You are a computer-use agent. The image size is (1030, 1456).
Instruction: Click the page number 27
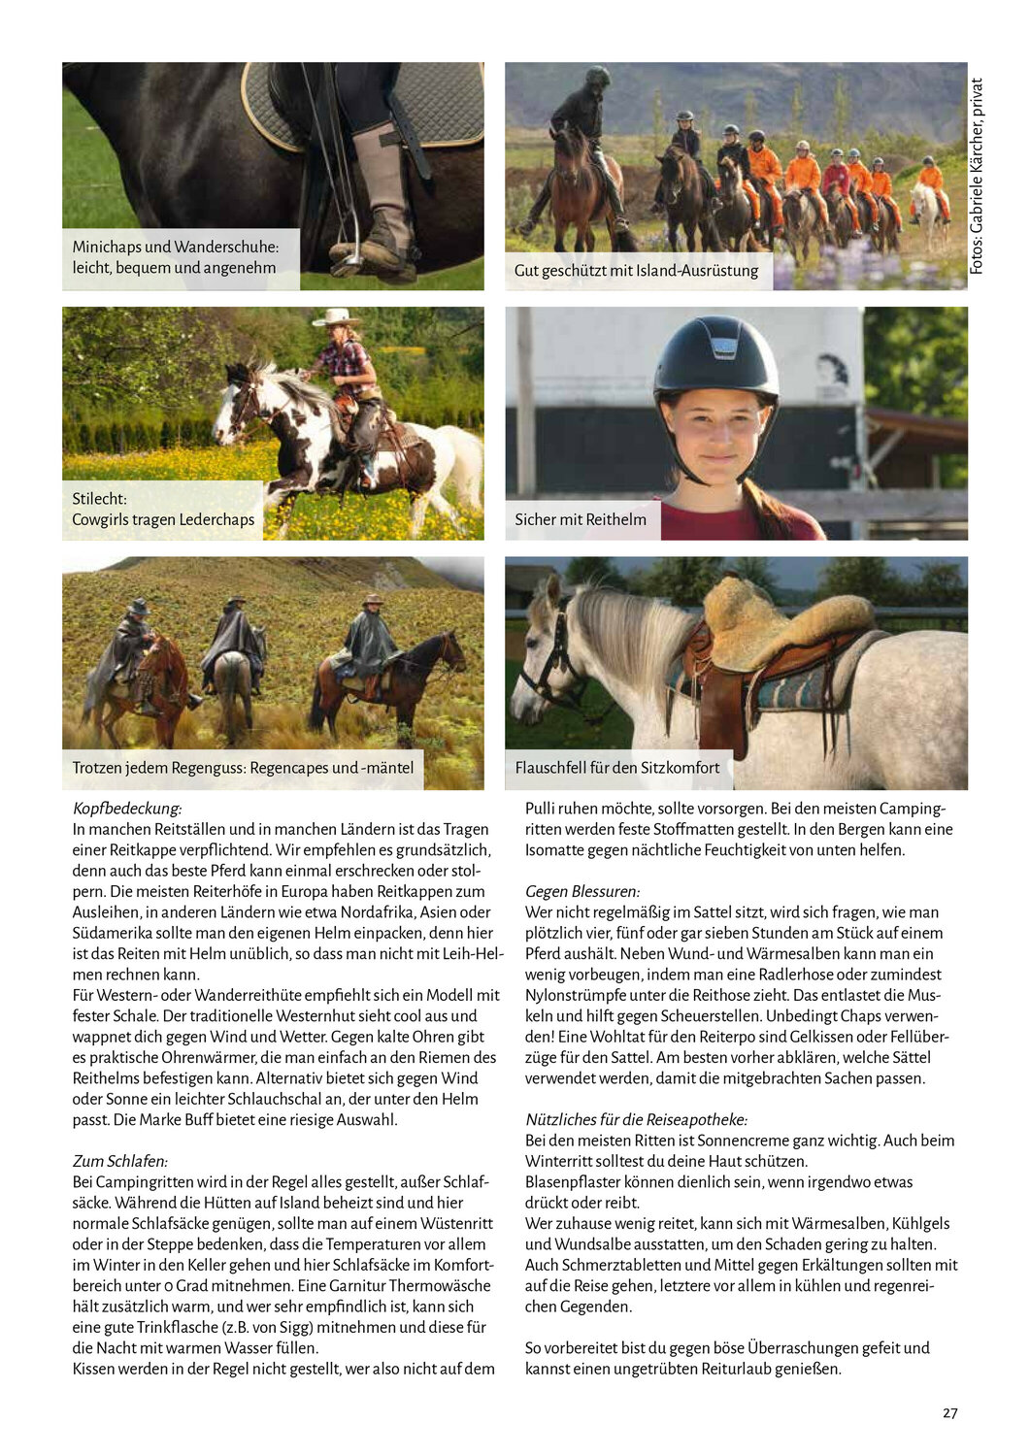[949, 1413]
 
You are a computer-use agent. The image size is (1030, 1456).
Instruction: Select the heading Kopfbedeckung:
[127, 809]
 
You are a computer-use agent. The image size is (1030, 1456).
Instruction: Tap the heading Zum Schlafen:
[120, 1161]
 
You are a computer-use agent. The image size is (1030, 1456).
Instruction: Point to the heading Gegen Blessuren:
[582, 891]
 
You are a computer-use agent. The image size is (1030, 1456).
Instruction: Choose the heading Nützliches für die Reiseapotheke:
[636, 1119]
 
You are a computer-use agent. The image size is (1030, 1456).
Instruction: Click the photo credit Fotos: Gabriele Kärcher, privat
[977, 176]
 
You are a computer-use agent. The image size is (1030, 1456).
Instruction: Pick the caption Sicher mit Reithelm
[581, 519]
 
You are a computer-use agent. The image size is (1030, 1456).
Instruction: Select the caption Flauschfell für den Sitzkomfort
[617, 768]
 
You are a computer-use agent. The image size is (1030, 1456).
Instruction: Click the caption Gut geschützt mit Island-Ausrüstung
[637, 271]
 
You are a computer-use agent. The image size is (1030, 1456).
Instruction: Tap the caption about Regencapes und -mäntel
[243, 768]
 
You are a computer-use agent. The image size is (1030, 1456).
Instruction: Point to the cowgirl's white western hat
[337, 317]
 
